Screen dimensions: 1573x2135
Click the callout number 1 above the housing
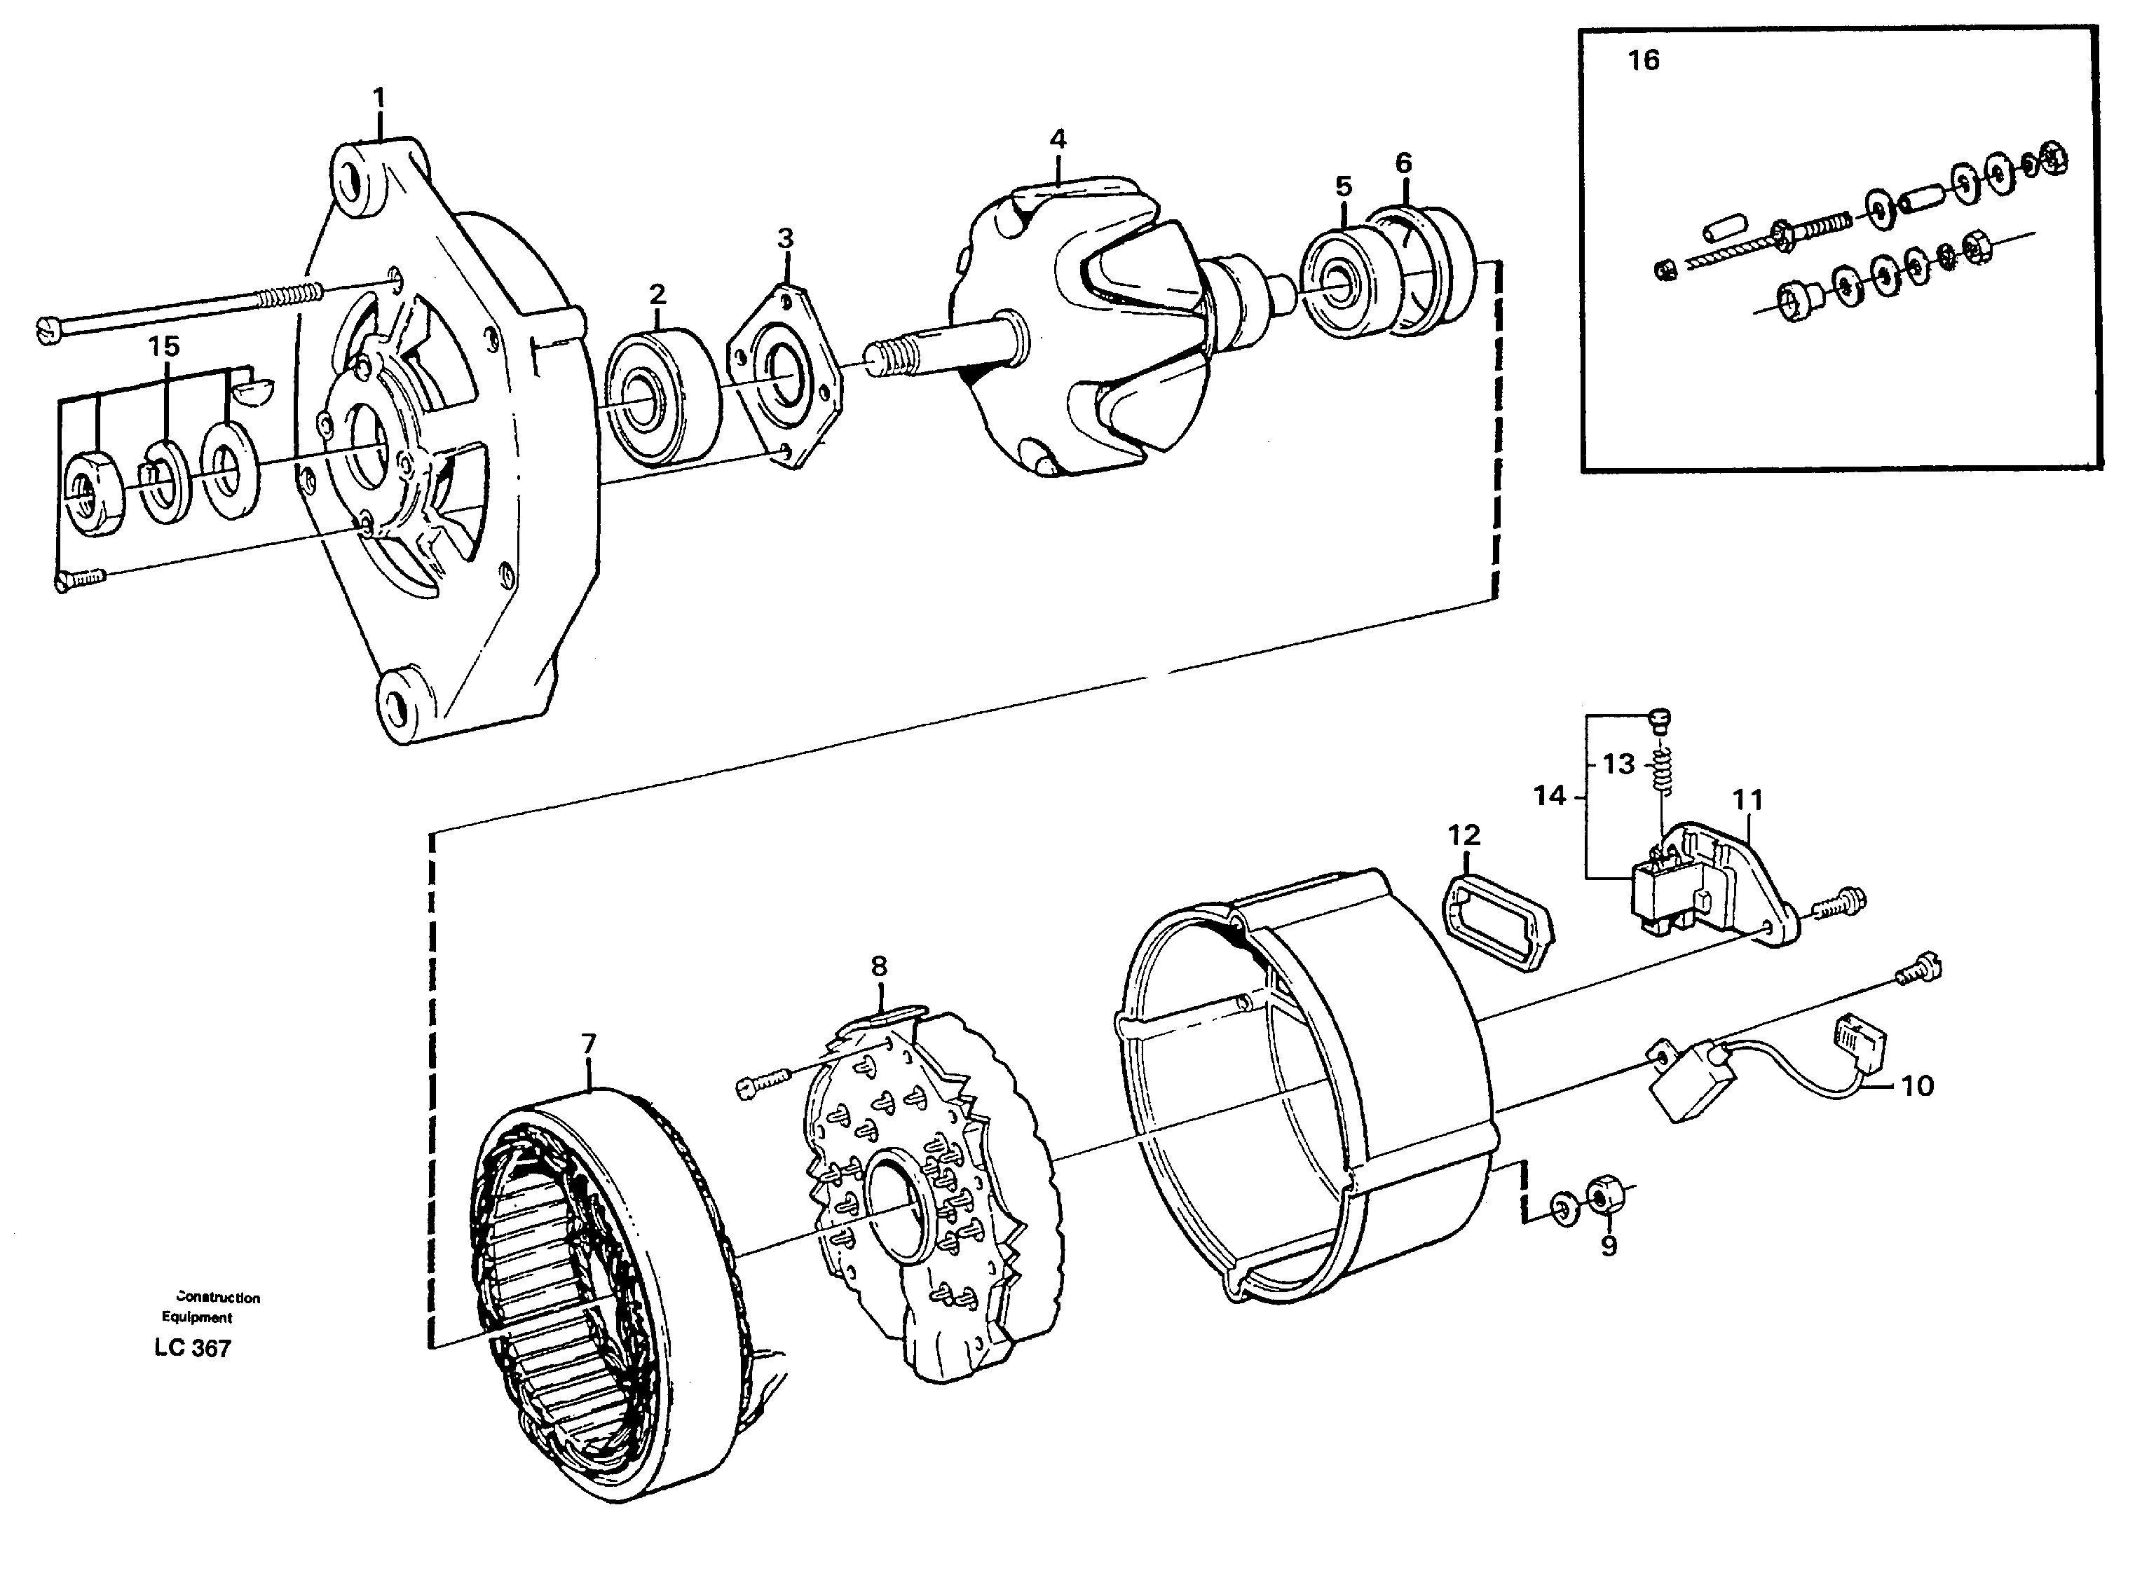(x=379, y=98)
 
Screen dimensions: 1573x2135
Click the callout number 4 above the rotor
(x=1058, y=139)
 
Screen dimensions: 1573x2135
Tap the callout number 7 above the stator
(x=589, y=1045)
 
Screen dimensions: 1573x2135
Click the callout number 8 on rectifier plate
(x=878, y=966)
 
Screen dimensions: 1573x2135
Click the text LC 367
(x=192, y=1348)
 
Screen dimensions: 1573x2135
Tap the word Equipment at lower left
(x=197, y=1318)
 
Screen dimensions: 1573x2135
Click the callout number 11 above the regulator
(x=1747, y=800)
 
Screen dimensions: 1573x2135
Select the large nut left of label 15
(x=93, y=493)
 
